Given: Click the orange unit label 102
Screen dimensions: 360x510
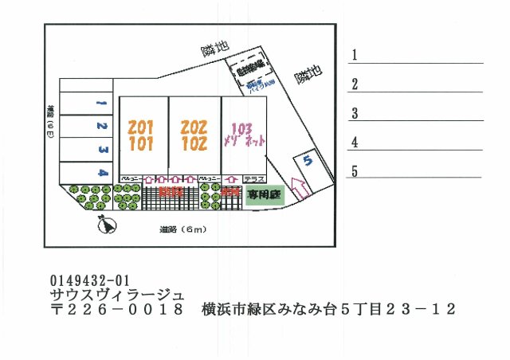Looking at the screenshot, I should [194, 145].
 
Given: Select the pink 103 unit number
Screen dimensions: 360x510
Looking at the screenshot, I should [242, 127].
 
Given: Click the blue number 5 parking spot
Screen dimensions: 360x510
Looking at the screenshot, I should [308, 160].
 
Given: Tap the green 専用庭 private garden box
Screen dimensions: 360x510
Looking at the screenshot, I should [264, 194].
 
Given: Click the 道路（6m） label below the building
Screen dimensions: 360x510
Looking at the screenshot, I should [182, 230].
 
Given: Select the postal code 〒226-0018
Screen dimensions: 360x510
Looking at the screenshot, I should [116, 309].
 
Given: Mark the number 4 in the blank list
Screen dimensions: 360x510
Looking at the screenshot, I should [354, 143].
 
